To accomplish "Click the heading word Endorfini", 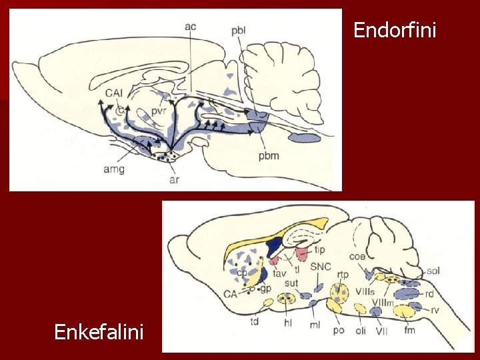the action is pos(395,31).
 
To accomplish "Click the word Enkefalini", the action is pos(99,331).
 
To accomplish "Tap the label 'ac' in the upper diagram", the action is pos(190,27).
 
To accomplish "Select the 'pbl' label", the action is pos(239,31).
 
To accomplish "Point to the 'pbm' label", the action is pos(269,156).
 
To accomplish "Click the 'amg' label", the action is pos(113,169).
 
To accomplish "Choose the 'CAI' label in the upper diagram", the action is pos(113,93).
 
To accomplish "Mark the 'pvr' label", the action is pos(158,112).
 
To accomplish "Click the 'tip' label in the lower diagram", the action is pos(320,250).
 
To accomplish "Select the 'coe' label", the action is pos(357,256).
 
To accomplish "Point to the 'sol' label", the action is pos(433,271).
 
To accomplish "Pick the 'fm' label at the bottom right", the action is pos(409,331).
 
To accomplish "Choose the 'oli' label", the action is pos(361,331).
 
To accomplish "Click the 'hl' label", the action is pos(288,323).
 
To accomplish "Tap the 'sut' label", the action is pos(291,283).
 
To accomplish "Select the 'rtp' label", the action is pos(343,274).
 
